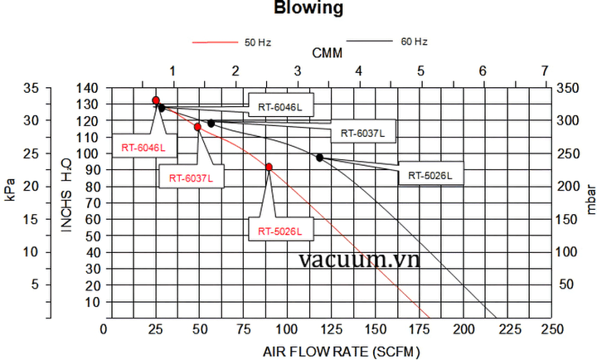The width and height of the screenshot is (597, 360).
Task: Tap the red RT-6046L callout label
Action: click(143, 148)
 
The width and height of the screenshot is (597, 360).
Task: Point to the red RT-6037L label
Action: click(191, 178)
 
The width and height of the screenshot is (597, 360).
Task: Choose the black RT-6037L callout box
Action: click(362, 133)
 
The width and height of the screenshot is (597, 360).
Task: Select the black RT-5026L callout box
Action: click(430, 175)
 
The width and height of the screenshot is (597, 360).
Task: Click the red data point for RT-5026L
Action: click(269, 168)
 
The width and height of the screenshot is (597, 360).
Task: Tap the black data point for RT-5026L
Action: click(320, 158)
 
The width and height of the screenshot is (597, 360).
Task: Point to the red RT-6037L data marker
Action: click(198, 127)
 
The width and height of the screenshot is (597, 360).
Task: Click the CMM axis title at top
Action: click(328, 53)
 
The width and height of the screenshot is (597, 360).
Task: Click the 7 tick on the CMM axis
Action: click(544, 71)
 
